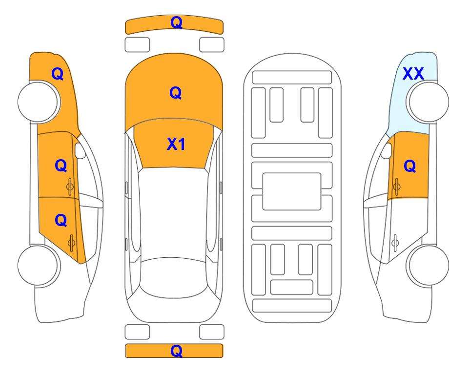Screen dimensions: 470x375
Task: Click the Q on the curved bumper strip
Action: tap(176, 22)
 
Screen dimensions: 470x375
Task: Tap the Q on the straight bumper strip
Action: tap(176, 351)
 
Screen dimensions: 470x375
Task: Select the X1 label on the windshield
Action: tap(176, 144)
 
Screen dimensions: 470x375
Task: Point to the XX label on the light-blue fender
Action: tap(413, 74)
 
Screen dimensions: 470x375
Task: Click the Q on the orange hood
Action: tap(175, 93)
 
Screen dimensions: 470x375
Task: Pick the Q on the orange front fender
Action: tap(58, 74)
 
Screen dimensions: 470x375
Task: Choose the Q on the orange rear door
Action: tap(61, 221)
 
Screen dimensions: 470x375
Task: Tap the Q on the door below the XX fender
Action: tap(410, 166)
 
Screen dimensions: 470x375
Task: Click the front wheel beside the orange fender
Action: tap(38, 102)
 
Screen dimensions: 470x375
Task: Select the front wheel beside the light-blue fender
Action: tap(429, 102)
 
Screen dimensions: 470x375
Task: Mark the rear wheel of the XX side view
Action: tap(429, 265)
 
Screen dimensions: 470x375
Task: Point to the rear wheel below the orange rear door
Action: tap(38, 265)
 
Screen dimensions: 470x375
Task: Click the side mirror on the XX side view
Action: tap(387, 150)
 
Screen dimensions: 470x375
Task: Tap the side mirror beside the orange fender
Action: tap(80, 150)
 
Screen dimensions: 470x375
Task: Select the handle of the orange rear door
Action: tap(71, 243)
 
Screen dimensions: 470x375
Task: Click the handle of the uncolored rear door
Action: tap(395, 243)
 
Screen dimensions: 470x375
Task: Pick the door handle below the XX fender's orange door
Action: tap(396, 187)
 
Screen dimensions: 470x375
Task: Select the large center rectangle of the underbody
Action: tap(292, 191)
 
